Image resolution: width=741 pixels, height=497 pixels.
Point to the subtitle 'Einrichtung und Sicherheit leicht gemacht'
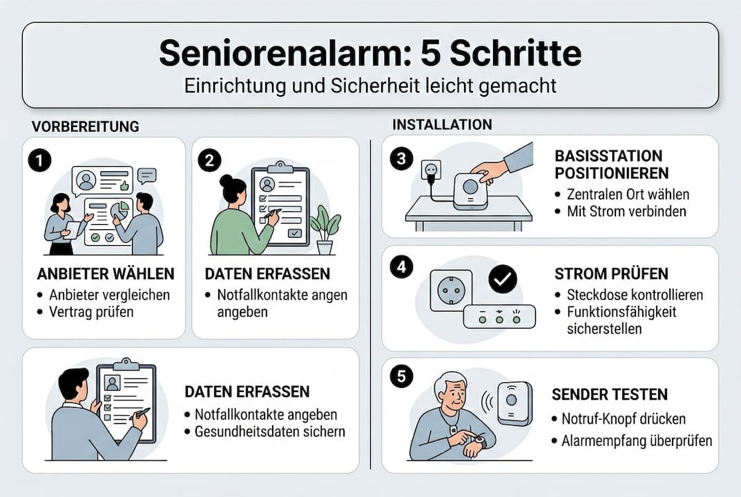click(x=370, y=86)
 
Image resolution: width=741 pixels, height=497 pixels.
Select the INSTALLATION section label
click(x=442, y=124)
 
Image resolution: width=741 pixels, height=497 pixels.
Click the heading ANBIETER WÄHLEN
click(x=105, y=274)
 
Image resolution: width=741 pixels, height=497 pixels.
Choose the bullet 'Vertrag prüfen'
click(x=90, y=311)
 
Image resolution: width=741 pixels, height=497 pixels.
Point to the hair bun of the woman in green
click(x=227, y=181)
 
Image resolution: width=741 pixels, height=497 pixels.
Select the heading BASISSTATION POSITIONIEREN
click(x=608, y=164)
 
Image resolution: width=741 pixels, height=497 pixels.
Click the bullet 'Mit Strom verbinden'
click(x=626, y=211)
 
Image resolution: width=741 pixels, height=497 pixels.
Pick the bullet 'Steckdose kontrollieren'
click(x=634, y=295)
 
